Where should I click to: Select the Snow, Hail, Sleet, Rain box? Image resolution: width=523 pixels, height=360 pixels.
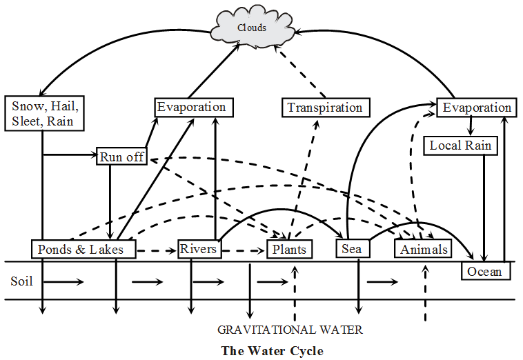tap(46, 114)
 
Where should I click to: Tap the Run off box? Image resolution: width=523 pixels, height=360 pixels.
tap(121, 157)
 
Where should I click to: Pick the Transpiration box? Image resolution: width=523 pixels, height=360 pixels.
tap(325, 108)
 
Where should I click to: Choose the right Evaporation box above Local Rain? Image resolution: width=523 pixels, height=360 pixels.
tap(477, 108)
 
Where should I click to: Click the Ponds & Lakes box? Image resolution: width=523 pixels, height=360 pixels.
tap(81, 249)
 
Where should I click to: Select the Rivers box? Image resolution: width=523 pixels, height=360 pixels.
tap(199, 248)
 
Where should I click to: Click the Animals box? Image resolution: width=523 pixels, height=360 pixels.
tap(424, 249)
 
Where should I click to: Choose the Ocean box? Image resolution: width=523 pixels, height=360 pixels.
tap(486, 271)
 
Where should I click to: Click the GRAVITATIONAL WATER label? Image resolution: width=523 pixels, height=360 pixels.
tap(290, 330)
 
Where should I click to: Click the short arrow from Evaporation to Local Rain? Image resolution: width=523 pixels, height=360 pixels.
tap(471, 126)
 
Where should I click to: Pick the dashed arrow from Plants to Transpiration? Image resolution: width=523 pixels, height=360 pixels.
tap(305, 179)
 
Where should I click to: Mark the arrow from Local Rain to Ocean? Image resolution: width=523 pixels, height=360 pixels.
tap(487, 207)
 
